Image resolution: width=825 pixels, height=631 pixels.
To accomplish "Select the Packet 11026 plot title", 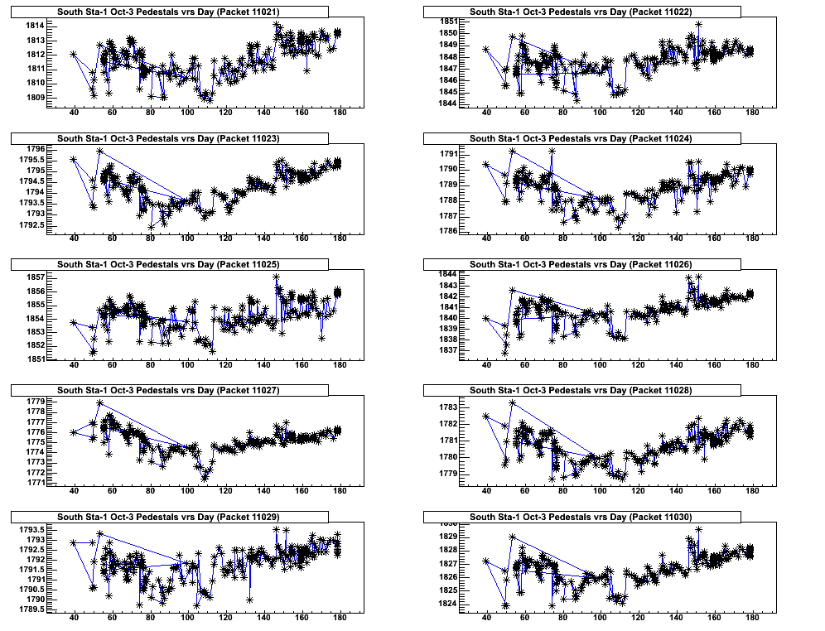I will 581,264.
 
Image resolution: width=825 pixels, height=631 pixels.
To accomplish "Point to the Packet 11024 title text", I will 581,138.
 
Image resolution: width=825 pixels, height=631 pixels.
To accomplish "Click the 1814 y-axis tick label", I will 34,26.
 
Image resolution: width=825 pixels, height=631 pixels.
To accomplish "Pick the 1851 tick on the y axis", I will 446,21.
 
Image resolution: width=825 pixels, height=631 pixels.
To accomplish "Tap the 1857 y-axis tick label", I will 34,277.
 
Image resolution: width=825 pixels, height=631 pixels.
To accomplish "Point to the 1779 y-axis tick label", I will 34,402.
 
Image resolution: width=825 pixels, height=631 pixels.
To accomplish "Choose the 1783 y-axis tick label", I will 446,407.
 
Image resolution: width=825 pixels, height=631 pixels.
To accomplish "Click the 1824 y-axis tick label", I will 446,604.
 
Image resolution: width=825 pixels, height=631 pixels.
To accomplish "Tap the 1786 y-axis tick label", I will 446,231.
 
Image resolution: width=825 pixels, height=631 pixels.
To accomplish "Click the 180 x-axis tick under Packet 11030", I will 752,618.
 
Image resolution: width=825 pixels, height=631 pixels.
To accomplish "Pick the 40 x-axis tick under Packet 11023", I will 74,239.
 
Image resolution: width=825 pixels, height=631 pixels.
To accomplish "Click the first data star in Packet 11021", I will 74,54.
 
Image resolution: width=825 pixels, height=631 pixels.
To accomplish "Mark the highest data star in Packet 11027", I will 99,403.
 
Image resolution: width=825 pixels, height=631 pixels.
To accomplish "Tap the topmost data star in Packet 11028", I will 513,403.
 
